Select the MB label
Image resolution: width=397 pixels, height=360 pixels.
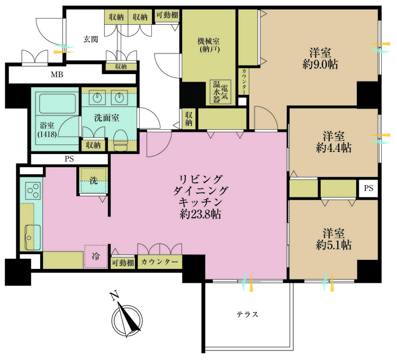57,75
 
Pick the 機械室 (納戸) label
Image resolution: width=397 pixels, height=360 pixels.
209,46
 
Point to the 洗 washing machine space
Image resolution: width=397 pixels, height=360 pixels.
93,181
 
